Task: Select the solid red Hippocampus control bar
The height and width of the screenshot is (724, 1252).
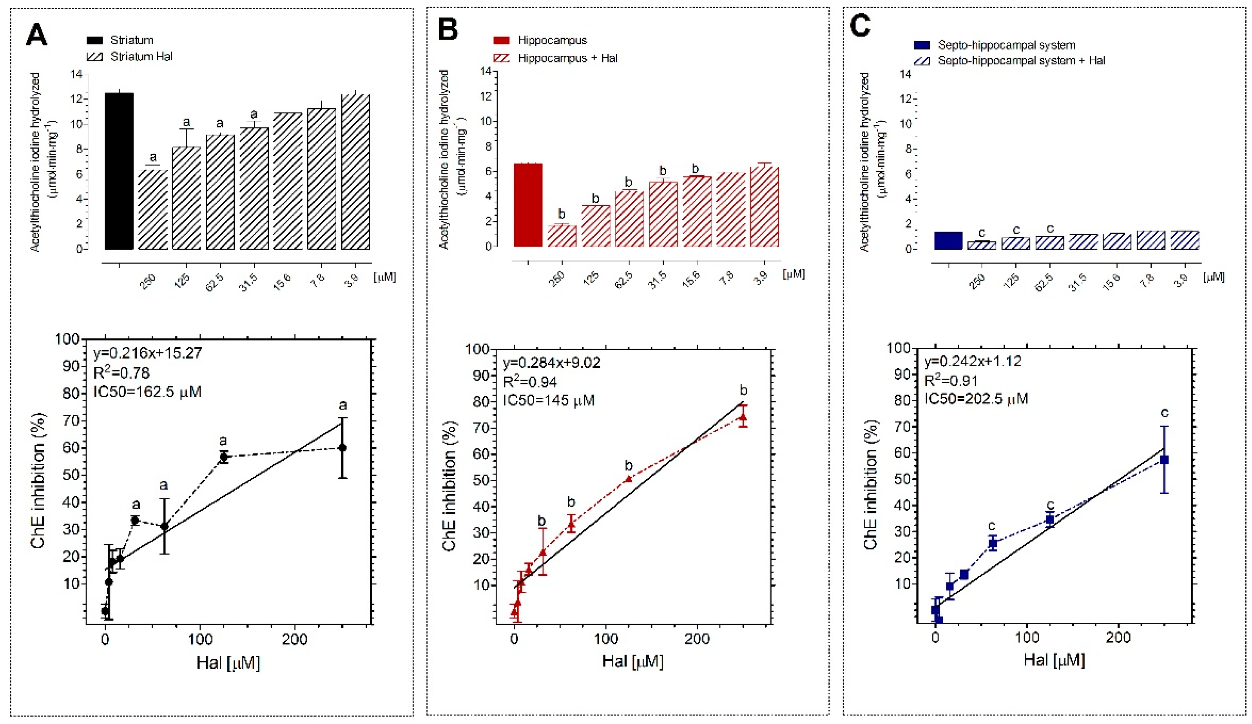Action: click(x=527, y=204)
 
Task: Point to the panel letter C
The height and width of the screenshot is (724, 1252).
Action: click(x=860, y=26)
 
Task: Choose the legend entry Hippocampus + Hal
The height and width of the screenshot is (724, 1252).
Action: click(x=567, y=58)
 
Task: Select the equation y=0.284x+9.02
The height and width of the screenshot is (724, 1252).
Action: click(x=551, y=363)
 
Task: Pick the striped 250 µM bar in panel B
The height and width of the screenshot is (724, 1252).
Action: click(x=562, y=236)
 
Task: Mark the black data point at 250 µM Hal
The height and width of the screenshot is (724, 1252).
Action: click(x=342, y=447)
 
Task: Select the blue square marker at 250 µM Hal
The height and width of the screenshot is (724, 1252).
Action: click(x=1164, y=460)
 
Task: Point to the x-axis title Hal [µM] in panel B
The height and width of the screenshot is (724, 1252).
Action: click(x=632, y=661)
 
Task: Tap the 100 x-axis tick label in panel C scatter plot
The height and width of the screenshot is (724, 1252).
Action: click(x=1027, y=637)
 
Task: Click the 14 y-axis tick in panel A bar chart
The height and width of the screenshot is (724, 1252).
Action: click(x=76, y=75)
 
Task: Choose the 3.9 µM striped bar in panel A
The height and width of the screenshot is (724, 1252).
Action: click(x=356, y=171)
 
